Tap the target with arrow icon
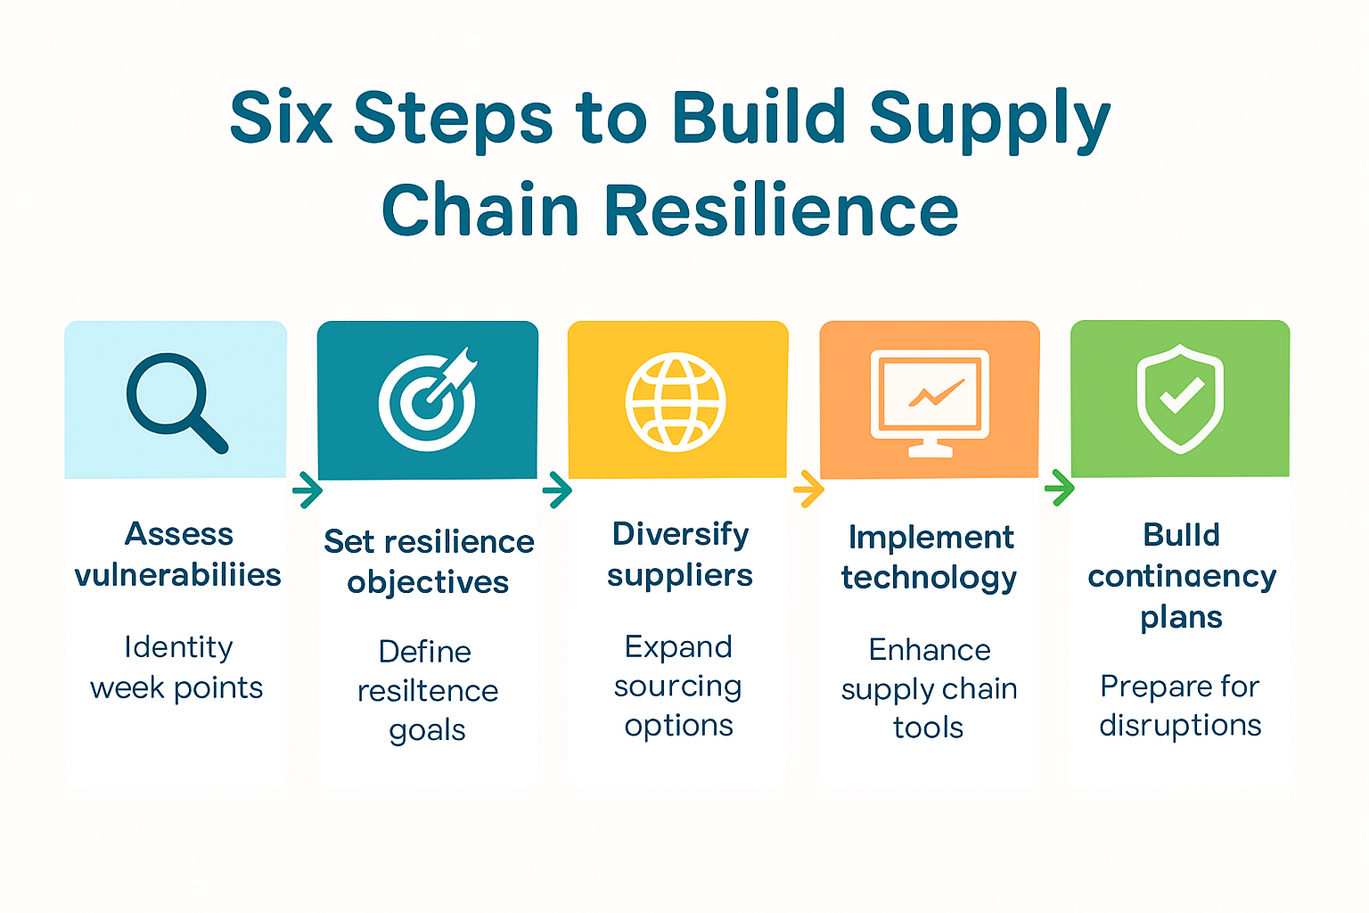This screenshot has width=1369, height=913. click(429, 401)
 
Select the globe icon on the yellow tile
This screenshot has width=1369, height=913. click(676, 401)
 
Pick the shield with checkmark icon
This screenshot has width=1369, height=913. click(1180, 399)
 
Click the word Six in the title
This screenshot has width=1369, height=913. click(281, 118)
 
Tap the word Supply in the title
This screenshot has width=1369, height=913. click(989, 119)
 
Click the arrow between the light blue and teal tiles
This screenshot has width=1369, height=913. click(307, 490)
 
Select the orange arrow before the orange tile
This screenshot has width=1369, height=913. click(808, 489)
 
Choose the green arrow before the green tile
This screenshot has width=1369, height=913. click(1059, 488)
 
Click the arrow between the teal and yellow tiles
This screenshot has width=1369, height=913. click(557, 489)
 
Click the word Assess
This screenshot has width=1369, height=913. click(178, 534)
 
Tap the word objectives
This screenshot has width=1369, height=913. click(428, 583)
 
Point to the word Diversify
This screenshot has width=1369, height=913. click(680, 534)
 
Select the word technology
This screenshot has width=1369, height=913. click(929, 578)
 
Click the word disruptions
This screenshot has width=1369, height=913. click(1180, 726)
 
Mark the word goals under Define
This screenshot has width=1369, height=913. click(427, 731)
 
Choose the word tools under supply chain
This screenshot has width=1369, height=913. click(928, 728)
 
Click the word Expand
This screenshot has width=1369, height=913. click(678, 646)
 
